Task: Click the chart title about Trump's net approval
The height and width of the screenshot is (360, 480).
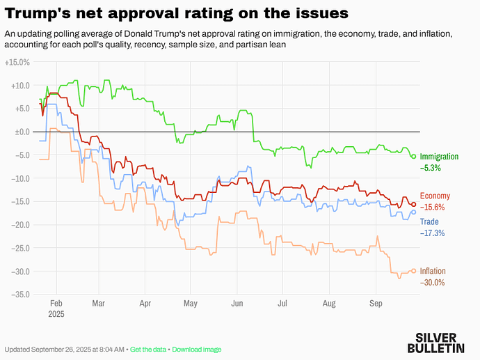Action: coord(177,13)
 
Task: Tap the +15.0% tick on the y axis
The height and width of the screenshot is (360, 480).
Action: coord(17,62)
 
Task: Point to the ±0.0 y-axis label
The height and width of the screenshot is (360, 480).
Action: coord(21,132)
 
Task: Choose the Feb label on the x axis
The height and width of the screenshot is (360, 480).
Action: coord(56,304)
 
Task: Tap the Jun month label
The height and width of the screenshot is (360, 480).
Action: coord(237,304)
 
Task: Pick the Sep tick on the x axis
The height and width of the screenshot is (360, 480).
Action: coord(376,304)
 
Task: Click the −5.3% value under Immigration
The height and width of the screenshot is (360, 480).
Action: coord(430,168)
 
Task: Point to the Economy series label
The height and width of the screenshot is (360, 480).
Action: coord(435,196)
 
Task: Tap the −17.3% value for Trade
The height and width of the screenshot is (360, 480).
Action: coord(432,233)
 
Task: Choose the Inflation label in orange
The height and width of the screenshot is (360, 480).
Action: coord(433,272)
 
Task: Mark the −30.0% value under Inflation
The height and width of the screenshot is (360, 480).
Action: coord(432,282)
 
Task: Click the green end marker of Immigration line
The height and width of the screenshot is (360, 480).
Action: coord(413,156)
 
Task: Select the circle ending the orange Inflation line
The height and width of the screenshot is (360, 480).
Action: coord(414,271)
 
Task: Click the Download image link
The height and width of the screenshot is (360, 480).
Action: coord(197,349)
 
